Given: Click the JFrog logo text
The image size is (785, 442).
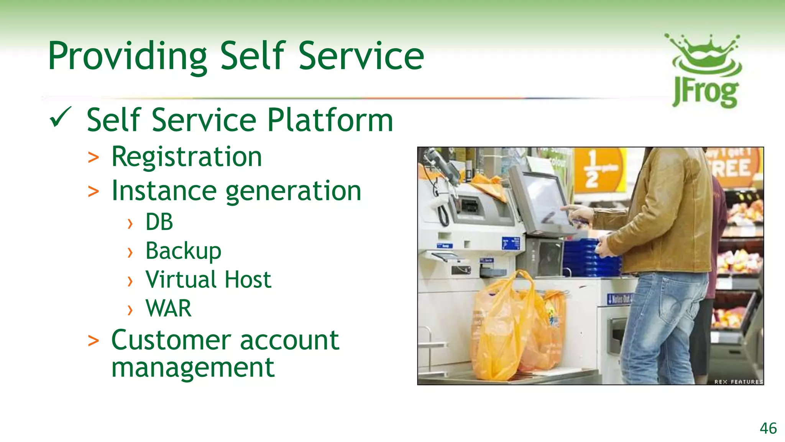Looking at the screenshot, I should point(705,93).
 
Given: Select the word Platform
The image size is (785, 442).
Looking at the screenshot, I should point(330,120).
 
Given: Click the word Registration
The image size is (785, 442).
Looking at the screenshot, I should point(187,157).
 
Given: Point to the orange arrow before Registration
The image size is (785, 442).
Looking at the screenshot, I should point(93,158).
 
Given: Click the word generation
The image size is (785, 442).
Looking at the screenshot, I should point(293,191).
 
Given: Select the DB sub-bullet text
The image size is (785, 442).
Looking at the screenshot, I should point(159,222).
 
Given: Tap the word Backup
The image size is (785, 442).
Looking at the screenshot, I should point(183,251).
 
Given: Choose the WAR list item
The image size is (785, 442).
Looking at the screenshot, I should point(168,308).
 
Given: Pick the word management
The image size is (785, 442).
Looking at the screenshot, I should point(193,367).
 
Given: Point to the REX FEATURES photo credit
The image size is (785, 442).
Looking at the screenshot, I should point(738,382).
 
